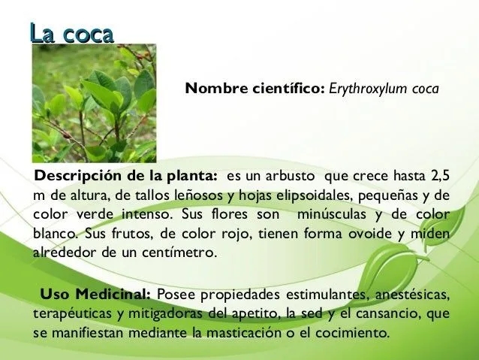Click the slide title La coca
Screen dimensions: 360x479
71,33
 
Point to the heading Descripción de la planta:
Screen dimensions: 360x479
124,177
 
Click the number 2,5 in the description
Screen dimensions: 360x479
439,177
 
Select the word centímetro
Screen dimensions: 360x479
179,252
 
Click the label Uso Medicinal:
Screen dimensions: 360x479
95,293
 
